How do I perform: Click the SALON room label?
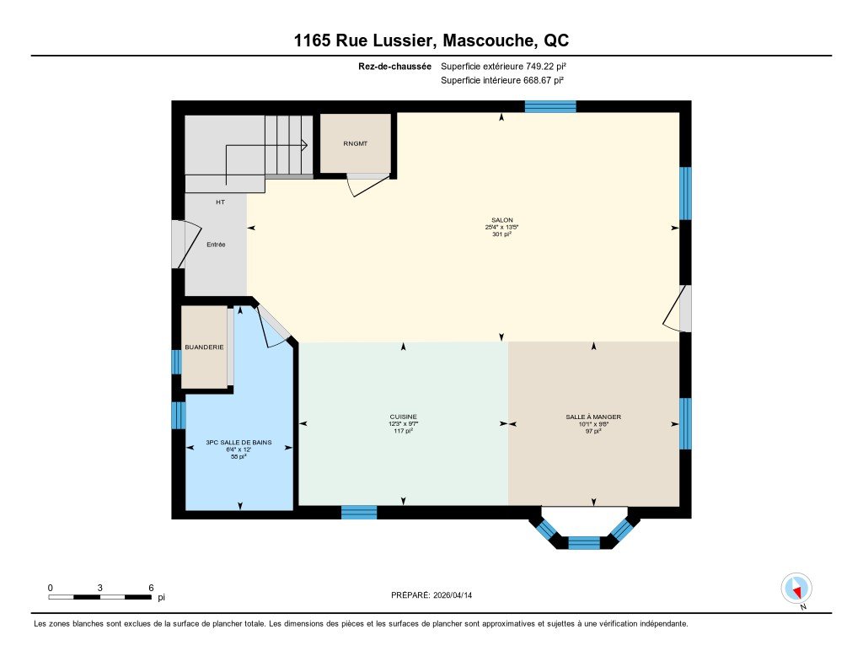[502, 220]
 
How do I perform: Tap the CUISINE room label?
[404, 417]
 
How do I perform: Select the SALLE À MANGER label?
[593, 417]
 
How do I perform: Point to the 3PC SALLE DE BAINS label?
[239, 443]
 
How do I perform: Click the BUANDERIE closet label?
[204, 347]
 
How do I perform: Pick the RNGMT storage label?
[355, 143]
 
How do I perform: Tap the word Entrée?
[216, 245]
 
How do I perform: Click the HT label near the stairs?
[220, 202]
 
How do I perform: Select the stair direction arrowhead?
[304, 145]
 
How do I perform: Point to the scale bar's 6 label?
[151, 588]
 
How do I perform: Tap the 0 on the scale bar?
[50, 588]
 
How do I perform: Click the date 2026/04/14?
[453, 595]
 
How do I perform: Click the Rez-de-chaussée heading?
[394, 66]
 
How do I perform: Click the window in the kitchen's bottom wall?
[359, 512]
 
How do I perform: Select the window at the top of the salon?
[550, 106]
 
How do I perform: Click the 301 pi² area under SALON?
[502, 234]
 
